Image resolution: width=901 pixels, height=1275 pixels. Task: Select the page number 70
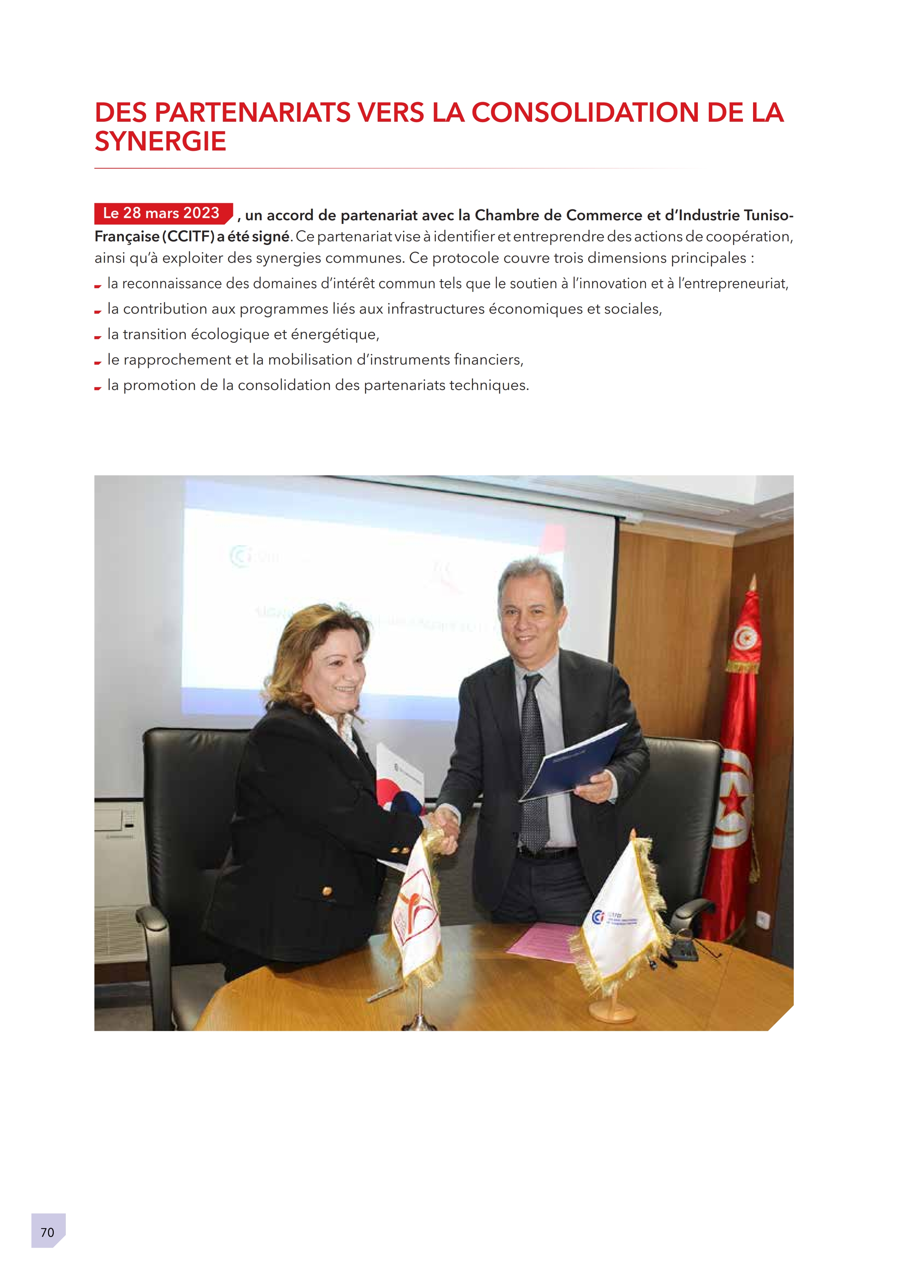tap(48, 1232)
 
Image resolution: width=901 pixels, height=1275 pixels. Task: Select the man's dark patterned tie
tap(533, 761)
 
